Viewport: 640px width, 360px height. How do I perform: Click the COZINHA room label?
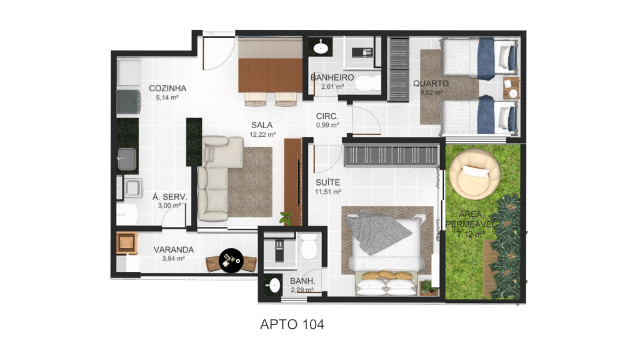click(167, 88)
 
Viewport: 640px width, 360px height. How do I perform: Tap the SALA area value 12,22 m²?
click(262, 134)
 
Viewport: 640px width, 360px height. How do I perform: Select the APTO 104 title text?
click(292, 324)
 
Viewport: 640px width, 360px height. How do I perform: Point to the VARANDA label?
click(174, 249)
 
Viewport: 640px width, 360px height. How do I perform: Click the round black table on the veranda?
click(231, 261)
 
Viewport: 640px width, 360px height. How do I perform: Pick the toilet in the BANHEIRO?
click(367, 84)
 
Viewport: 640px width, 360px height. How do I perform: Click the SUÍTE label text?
click(327, 182)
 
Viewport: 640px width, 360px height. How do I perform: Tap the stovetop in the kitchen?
click(129, 102)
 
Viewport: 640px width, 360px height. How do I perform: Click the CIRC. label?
click(327, 116)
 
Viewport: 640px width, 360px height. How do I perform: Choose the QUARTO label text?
click(431, 83)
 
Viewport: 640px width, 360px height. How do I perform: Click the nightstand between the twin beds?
click(511, 87)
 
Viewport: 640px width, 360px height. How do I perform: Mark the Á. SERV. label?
click(170, 197)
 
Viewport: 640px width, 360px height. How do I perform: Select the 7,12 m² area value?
click(471, 234)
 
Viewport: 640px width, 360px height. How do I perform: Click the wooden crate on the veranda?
click(126, 243)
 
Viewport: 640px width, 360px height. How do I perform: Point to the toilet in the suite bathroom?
click(309, 247)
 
